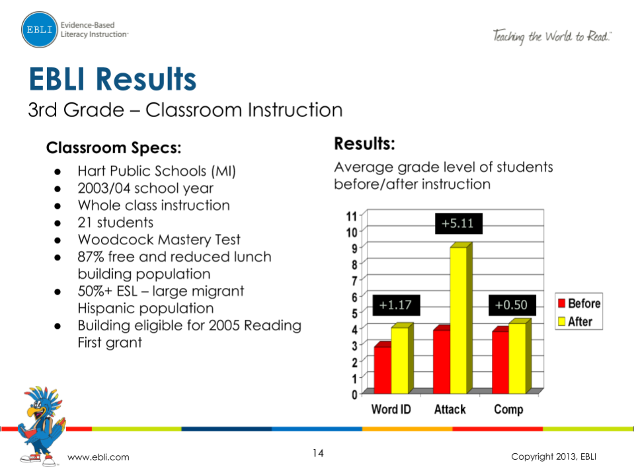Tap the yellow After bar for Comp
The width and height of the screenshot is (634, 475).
pyautogui.click(x=518, y=357)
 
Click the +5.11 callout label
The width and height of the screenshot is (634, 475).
pyautogui.click(x=458, y=224)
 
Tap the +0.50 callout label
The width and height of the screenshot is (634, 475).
pyautogui.click(x=512, y=305)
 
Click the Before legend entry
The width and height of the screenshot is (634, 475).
pyautogui.click(x=578, y=304)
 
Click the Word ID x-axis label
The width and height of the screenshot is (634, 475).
pyautogui.click(x=391, y=410)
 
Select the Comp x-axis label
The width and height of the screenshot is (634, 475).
pyautogui.click(x=508, y=410)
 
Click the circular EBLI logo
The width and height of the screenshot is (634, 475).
pyautogui.click(x=39, y=30)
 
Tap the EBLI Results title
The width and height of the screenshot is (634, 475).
pyautogui.click(x=112, y=79)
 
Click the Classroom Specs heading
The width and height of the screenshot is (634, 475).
pyautogui.click(x=114, y=147)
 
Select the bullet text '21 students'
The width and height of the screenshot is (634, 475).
pyautogui.click(x=115, y=223)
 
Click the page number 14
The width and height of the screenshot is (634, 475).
pyautogui.click(x=318, y=453)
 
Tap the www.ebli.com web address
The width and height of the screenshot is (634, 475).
pyautogui.click(x=99, y=457)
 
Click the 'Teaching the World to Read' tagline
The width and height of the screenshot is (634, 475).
pyautogui.click(x=551, y=36)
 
